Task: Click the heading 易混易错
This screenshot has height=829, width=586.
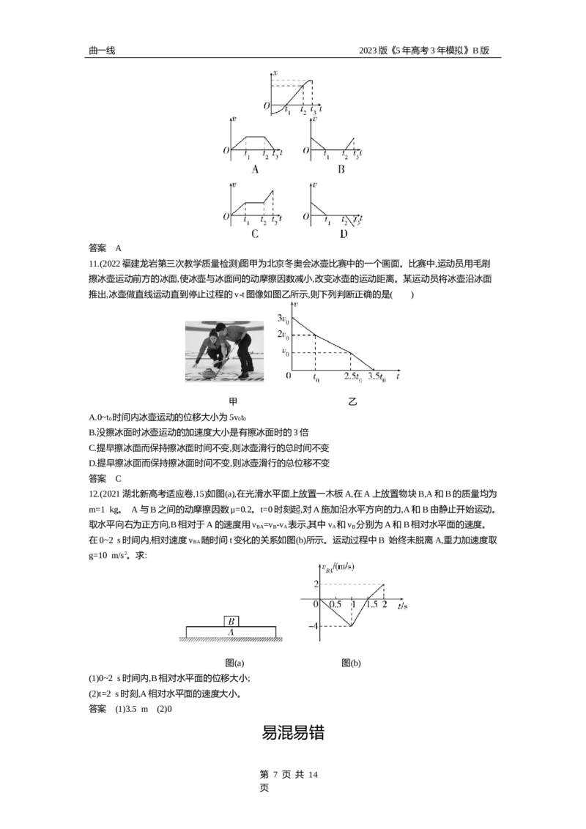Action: [292, 733]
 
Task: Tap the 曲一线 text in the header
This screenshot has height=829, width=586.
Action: [102, 51]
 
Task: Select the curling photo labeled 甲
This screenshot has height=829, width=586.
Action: [224, 351]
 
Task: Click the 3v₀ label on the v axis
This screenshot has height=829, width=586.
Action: [283, 319]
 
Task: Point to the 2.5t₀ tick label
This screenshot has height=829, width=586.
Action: [353, 377]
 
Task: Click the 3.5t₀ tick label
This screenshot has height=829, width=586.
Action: [377, 377]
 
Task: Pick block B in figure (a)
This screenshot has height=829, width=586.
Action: [231, 621]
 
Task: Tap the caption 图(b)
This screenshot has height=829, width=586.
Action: [351, 663]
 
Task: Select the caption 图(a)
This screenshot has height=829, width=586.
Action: [234, 663]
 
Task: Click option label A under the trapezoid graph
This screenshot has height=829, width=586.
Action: [255, 169]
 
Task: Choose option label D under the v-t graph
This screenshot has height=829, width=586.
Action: [344, 234]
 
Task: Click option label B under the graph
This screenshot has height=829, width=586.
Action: [341, 169]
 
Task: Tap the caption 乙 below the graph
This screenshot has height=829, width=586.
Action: [352, 402]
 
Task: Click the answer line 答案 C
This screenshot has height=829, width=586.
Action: [105, 478]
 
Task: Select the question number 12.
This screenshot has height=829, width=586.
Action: [93, 494]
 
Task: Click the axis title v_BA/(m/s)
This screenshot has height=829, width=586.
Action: [338, 568]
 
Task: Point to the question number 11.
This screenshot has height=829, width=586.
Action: [93, 264]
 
